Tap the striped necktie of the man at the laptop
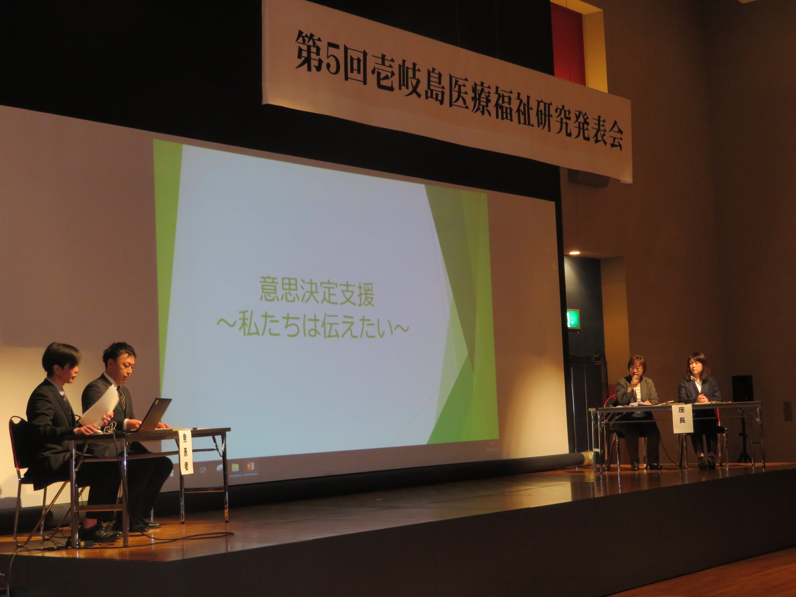pos(122,398)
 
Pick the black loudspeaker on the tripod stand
pos(742,389)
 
